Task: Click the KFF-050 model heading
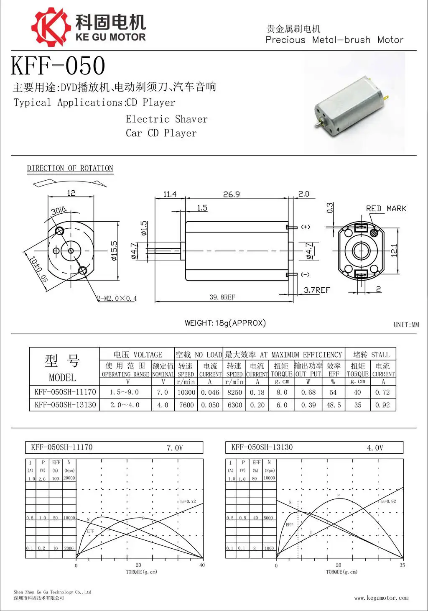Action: pyautogui.click(x=58, y=66)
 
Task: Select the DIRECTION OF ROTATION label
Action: pyautogui.click(x=70, y=168)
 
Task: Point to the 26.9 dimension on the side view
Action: pyautogui.click(x=232, y=194)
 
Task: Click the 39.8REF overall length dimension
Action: pyautogui.click(x=222, y=297)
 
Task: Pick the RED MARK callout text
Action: pyautogui.click(x=386, y=208)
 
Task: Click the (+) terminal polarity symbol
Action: pyautogui.click(x=306, y=227)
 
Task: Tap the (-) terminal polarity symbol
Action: pyautogui.click(x=306, y=275)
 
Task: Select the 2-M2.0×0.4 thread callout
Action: pyautogui.click(x=117, y=299)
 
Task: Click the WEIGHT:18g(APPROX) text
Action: pyautogui.click(x=225, y=323)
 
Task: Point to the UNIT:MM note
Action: pyautogui.click(x=406, y=325)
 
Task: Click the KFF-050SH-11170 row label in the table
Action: pyautogui.click(x=65, y=392)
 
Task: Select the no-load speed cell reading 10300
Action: pyautogui.click(x=186, y=393)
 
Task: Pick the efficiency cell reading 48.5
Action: pyautogui.click(x=334, y=405)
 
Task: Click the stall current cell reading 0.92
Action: pyautogui.click(x=382, y=405)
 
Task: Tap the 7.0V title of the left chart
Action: pyautogui.click(x=175, y=448)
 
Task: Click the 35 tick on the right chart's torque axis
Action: pyautogui.click(x=402, y=565)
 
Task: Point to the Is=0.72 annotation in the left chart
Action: pyautogui.click(x=188, y=501)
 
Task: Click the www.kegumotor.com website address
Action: pyautogui.click(x=381, y=598)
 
